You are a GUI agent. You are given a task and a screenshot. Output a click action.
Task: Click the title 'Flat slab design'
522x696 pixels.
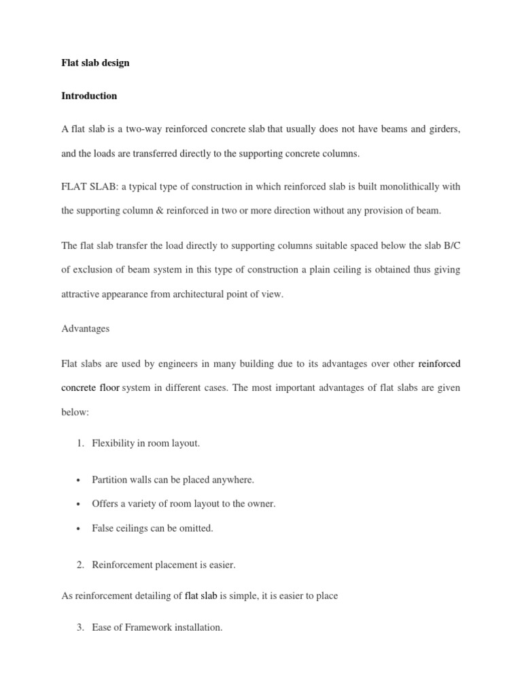click(95, 63)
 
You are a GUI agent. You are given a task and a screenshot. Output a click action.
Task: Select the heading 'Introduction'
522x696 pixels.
click(89, 96)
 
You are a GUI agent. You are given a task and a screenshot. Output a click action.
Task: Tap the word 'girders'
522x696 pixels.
click(442, 129)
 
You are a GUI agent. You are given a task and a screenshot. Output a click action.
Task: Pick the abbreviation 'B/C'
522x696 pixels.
click(451, 245)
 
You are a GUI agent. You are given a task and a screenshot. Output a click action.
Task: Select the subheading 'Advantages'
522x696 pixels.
click(85, 328)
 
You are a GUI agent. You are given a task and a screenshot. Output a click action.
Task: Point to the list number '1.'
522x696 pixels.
click(80, 444)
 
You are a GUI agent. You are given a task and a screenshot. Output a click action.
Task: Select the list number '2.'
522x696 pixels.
click(80, 564)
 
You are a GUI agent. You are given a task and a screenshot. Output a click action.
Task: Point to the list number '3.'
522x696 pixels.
click(80, 627)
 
